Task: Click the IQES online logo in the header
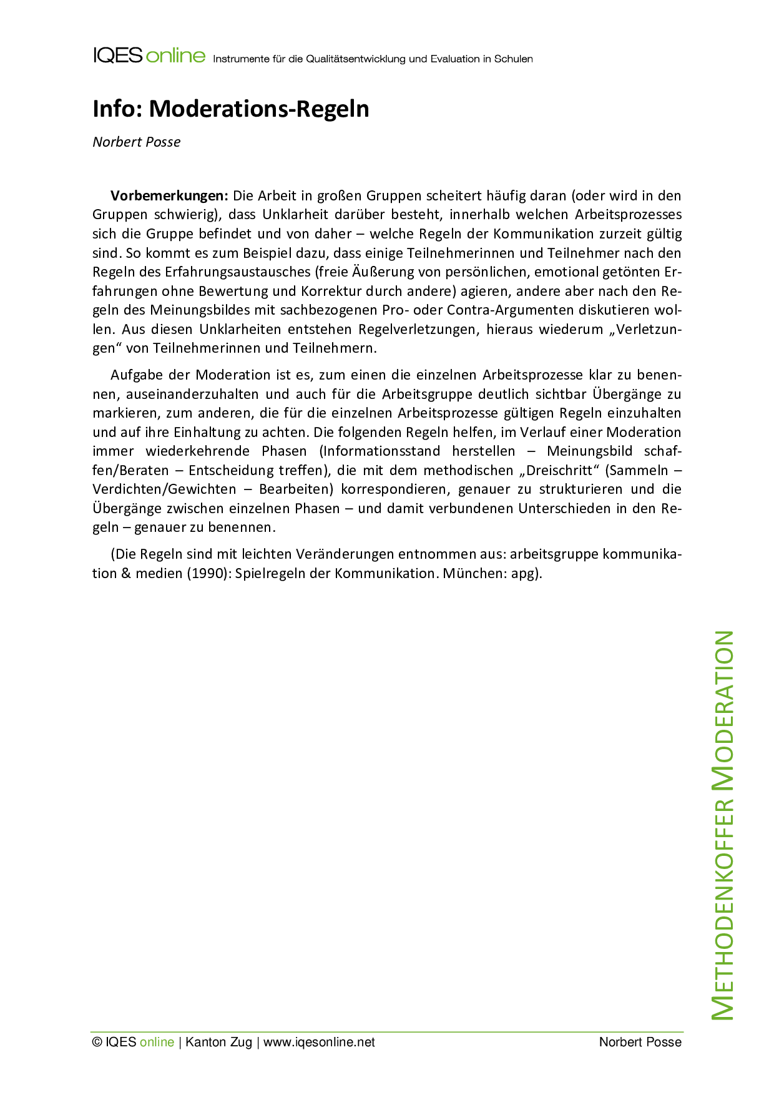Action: [149, 56]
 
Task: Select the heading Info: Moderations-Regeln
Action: [231, 109]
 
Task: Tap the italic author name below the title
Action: [137, 142]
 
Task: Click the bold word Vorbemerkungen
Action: [169, 195]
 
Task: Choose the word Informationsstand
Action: [381, 451]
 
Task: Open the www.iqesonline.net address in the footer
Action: [319, 1042]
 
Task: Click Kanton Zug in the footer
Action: [219, 1042]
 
